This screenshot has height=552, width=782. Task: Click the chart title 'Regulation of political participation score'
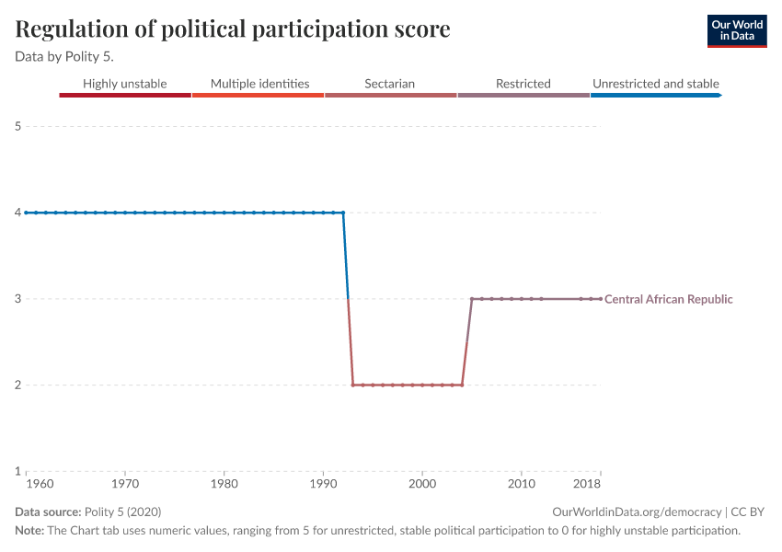pos(233,29)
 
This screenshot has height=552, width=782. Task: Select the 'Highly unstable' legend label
pos(125,84)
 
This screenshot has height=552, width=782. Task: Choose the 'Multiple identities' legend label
pos(259,84)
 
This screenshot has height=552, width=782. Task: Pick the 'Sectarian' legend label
pos(389,84)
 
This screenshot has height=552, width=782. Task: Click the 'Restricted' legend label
pos(523,84)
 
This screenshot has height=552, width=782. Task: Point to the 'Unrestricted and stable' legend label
pos(656,84)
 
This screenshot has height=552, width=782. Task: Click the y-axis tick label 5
pos(17,126)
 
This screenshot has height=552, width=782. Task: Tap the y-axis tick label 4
pos(17,213)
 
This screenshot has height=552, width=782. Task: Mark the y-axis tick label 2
pos(17,385)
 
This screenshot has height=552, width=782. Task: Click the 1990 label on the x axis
pos(323,483)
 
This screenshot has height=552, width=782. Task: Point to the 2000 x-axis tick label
pos(422,483)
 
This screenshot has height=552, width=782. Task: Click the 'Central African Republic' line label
pos(669,299)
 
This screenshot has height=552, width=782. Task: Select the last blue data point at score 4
pos(343,213)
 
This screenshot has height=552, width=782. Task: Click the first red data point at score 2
pos(353,385)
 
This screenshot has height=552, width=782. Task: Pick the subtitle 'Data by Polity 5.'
pos(64,56)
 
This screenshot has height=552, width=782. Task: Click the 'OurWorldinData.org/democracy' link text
pos(637,512)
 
